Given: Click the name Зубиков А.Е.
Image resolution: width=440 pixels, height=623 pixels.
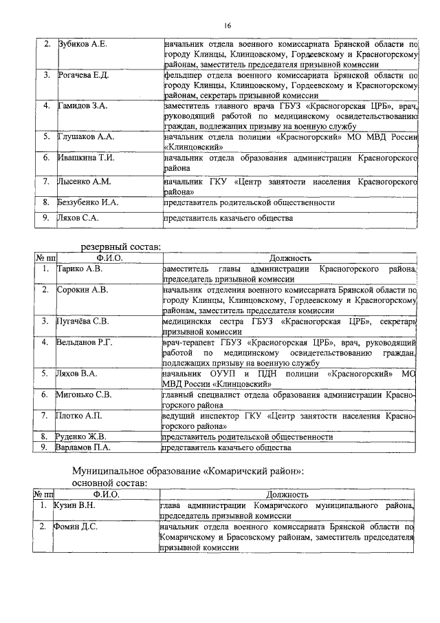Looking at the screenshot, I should (82, 44).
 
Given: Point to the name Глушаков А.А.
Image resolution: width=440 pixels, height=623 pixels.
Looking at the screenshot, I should (85, 136).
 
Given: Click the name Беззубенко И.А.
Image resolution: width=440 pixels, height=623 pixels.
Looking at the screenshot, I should (89, 203).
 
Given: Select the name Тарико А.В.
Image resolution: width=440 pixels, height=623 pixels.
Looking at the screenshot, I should (79, 268).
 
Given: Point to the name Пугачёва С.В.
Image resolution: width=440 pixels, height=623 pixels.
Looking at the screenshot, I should (83, 321).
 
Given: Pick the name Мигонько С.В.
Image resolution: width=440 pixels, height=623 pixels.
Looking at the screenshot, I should (83, 394).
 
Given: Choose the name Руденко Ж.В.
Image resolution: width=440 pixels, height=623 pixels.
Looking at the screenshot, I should (82, 436).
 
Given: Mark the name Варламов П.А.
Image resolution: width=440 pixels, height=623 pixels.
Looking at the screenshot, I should (84, 447).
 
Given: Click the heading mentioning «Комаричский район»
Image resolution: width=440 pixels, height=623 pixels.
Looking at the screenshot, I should (188, 472).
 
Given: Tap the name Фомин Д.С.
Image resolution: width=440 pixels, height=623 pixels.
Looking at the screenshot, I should (74, 527).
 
